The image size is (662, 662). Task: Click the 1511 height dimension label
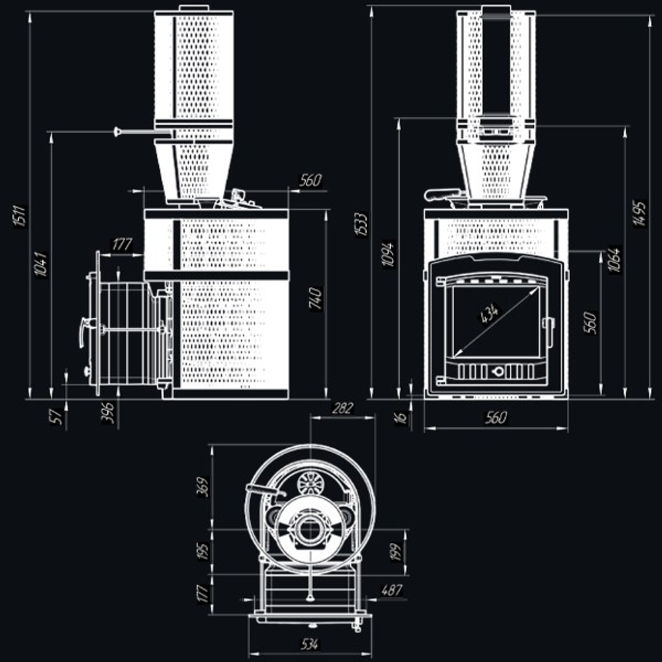point(20,216)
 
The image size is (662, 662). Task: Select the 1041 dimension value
point(41,265)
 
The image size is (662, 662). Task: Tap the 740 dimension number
point(316,299)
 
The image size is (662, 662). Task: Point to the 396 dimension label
point(108,413)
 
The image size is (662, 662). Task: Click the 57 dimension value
point(56,416)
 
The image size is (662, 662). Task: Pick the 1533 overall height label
point(362,224)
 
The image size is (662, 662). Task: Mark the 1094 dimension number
point(389,254)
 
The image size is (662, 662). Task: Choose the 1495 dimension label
point(639,214)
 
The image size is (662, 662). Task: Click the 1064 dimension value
point(614,260)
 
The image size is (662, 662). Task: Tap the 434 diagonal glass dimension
point(490,313)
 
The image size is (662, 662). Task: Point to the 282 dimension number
point(342,408)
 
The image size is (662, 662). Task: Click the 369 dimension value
point(203,487)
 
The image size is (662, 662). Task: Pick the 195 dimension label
point(203,552)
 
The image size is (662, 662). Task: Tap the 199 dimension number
point(395,552)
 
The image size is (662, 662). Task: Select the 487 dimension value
point(392,590)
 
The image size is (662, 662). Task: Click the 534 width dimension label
point(309,644)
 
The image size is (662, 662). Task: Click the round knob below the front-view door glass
point(497,371)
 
